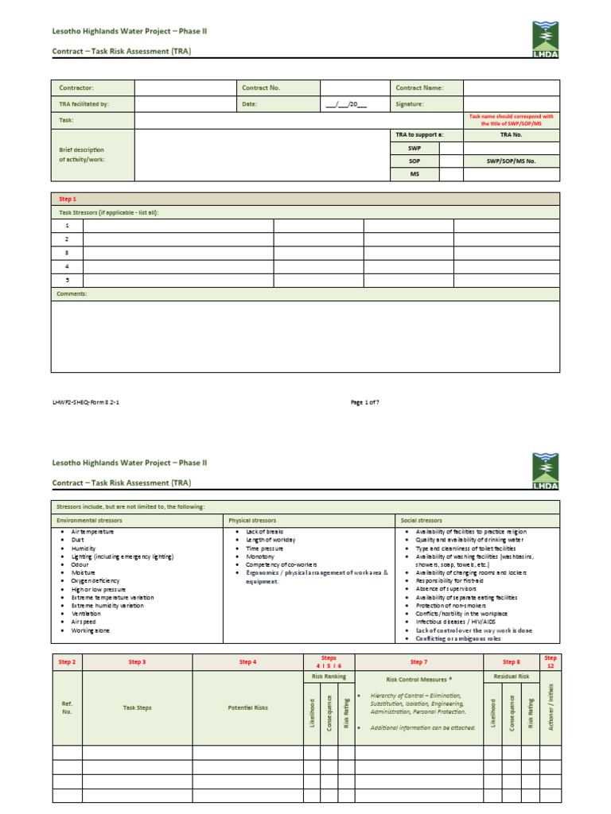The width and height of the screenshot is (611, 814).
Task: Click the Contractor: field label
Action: click(76, 88)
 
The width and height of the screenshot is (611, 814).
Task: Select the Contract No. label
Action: click(261, 88)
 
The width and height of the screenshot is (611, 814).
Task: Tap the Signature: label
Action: click(410, 104)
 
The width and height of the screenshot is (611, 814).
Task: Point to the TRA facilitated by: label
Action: click(84, 104)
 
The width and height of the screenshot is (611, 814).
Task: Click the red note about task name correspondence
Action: click(511, 120)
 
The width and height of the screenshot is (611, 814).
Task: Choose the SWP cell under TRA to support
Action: click(414, 149)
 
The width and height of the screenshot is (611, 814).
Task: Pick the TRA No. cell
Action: click(511, 135)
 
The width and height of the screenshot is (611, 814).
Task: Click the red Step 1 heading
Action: click(68, 199)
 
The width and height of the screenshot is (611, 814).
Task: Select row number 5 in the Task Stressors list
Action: click(67, 280)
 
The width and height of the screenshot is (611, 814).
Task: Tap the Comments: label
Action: click(72, 294)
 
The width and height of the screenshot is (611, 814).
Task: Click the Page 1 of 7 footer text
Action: click(365, 402)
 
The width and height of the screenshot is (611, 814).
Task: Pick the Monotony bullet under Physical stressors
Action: click(260, 556)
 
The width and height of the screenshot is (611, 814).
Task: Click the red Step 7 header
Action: click(418, 661)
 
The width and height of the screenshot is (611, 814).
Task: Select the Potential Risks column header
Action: click(247, 707)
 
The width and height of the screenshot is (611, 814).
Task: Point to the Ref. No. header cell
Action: click(67, 707)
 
